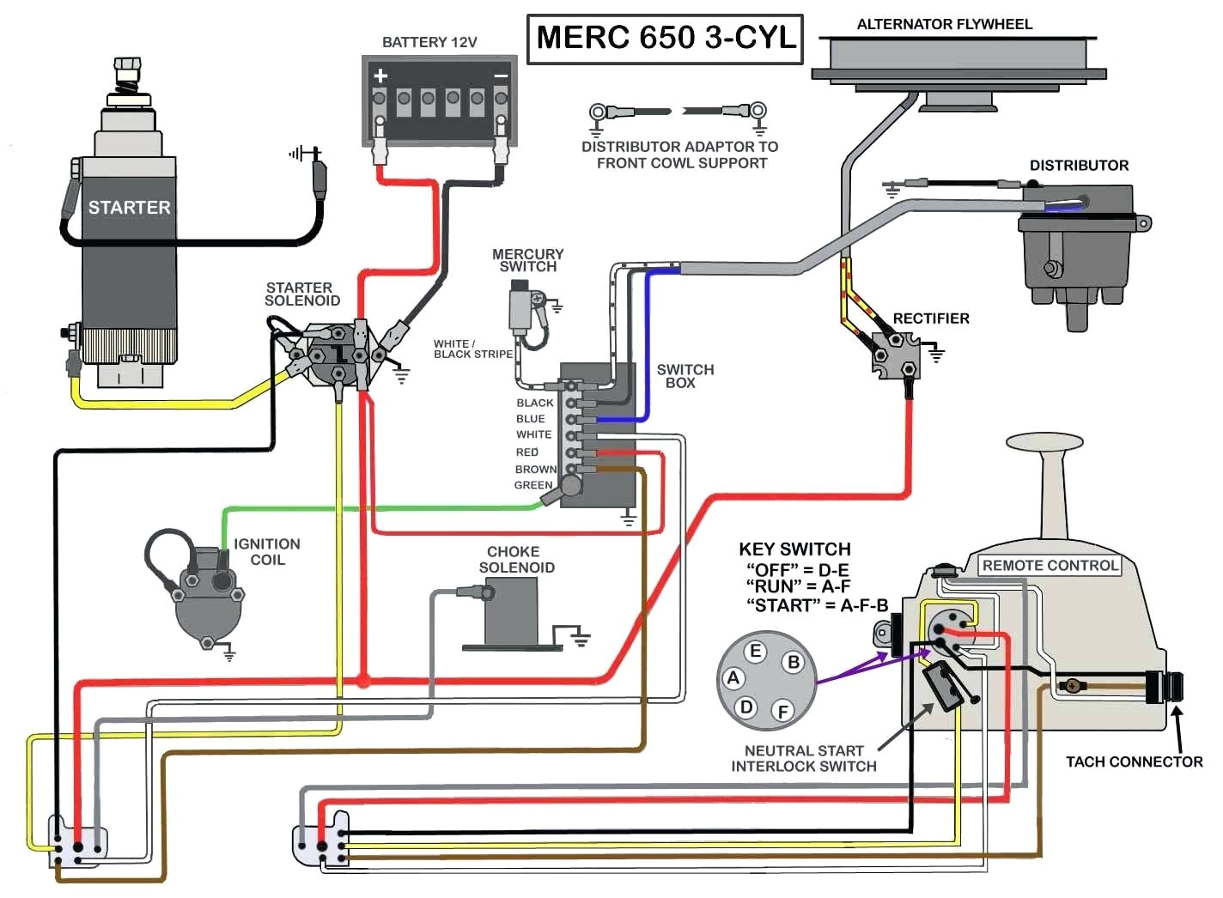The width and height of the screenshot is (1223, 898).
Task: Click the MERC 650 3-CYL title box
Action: [x=665, y=39]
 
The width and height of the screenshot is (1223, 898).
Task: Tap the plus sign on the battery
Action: [x=380, y=76]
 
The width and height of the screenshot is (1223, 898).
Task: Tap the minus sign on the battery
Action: [x=501, y=76]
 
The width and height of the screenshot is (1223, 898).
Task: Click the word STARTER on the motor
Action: [x=129, y=208]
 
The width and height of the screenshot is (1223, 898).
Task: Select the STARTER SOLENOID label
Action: [x=301, y=294]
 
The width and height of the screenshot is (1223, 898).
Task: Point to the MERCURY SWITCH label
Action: [x=527, y=260]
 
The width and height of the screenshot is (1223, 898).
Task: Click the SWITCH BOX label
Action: [x=685, y=376]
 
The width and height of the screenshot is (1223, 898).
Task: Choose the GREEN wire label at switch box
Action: [x=533, y=485]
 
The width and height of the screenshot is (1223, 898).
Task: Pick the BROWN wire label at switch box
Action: [x=536, y=470]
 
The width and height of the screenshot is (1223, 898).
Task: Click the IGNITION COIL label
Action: [x=267, y=552]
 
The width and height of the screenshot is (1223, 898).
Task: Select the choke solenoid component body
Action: [x=511, y=611]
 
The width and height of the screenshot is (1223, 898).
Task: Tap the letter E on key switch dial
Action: [x=756, y=652]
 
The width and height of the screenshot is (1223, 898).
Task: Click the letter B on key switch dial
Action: [x=794, y=662]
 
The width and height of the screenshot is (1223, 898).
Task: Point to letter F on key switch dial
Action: [x=782, y=711]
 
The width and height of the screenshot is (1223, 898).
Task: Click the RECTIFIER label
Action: [x=931, y=319]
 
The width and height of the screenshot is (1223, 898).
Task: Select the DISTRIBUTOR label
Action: [x=1079, y=166]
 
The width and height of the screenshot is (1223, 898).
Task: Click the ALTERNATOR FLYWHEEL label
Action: [x=945, y=24]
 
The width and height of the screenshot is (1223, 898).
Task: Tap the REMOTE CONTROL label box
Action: [x=1050, y=566]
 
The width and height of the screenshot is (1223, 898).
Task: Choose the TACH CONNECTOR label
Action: [x=1134, y=761]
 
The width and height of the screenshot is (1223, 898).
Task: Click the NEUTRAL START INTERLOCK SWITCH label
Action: [x=804, y=758]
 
